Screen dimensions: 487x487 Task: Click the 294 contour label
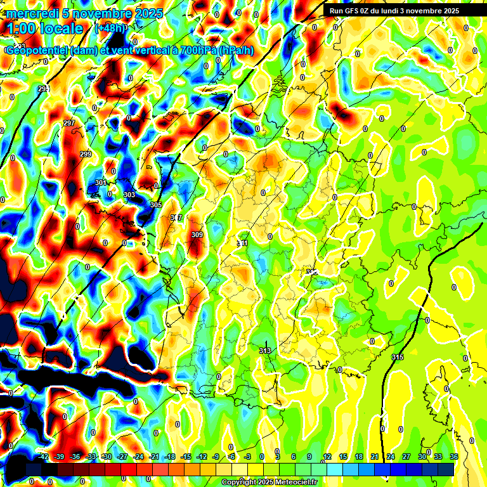(x=43, y=89)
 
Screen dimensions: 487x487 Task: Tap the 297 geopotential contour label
(x=69, y=123)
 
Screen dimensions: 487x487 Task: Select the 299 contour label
(x=86, y=155)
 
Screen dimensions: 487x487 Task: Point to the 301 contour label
(x=101, y=183)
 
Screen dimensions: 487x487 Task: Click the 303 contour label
(x=129, y=195)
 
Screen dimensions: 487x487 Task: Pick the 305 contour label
(x=156, y=205)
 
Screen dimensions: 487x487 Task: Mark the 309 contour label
(x=197, y=235)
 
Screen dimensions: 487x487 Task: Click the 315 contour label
(x=398, y=358)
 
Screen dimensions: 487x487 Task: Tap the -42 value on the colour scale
(x=43, y=457)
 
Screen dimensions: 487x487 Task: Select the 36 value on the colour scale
(x=453, y=457)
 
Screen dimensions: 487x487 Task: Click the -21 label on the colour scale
(x=154, y=457)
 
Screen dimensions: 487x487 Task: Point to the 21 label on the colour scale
(x=374, y=457)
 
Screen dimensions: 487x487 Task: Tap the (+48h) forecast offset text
(x=110, y=28)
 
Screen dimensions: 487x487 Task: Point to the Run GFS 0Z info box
(x=394, y=11)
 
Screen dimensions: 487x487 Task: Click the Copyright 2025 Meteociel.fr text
(x=269, y=482)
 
